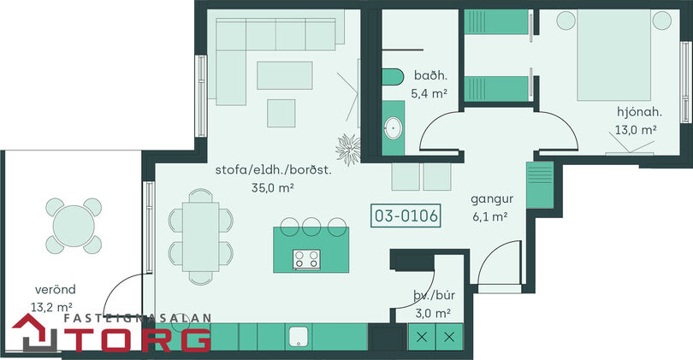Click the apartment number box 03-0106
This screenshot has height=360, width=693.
click(406, 215)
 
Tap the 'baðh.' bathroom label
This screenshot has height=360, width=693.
click(430, 75)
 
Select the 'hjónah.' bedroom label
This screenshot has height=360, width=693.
click(639, 112)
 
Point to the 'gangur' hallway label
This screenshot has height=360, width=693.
click(492, 199)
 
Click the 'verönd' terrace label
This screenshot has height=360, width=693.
click(56, 289)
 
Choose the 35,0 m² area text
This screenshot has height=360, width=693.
click(273, 188)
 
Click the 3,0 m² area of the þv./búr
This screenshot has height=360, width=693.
click(433, 313)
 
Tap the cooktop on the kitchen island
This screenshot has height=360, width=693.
click(306, 259)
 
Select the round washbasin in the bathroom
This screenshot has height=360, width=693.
click(393, 128)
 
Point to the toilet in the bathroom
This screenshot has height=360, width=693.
click(393, 77)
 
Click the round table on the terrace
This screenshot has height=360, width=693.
click(74, 226)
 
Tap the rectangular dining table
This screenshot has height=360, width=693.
click(201, 237)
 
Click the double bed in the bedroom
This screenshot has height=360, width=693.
click(614, 55)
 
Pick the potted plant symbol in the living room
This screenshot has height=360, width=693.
click(349, 150)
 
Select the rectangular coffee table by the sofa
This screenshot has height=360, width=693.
click(285, 75)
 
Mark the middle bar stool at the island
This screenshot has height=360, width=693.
click(311, 225)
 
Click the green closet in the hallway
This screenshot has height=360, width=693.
click(540, 185)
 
